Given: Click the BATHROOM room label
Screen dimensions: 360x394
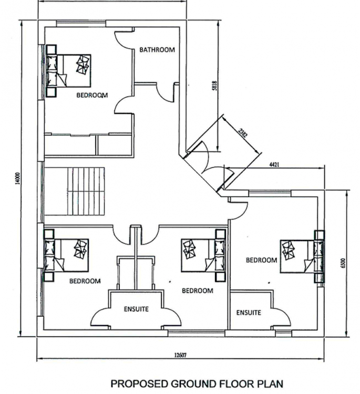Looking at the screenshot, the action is point(157,49).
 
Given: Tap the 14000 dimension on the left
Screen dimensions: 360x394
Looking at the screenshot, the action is point(17,179).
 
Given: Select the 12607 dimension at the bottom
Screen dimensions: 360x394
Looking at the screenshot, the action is point(180,355).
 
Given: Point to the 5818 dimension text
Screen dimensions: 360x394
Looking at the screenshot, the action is point(214,86).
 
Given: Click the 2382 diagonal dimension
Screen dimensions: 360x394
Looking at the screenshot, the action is point(243,133).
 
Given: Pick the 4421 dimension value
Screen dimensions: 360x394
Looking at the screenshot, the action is point(274,164).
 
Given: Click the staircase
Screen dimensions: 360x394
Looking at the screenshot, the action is point(86,191).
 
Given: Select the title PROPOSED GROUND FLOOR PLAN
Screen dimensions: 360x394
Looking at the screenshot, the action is point(197,383).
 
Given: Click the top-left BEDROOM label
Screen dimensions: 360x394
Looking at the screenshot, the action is point(92,95).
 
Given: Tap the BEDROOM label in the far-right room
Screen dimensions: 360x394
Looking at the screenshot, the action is point(261,260).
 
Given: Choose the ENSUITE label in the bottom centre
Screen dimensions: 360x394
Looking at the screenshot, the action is point(136,309).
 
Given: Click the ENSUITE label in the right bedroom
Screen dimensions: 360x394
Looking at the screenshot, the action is point(249,313).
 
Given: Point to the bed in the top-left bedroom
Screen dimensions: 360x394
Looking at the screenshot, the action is point(68,70).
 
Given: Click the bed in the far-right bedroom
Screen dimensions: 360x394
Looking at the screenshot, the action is point(302,256).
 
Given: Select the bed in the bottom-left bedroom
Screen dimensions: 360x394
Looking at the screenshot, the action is point(66,255).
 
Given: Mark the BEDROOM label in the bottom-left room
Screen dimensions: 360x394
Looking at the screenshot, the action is point(85,281).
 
